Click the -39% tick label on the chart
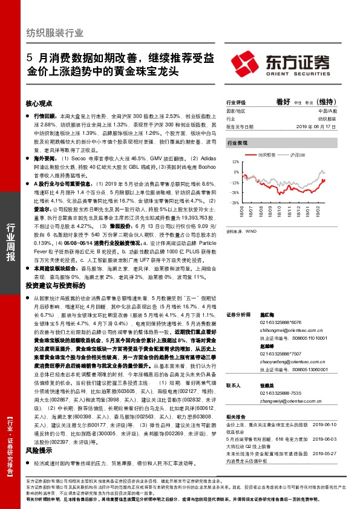234,203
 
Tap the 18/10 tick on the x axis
280,211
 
